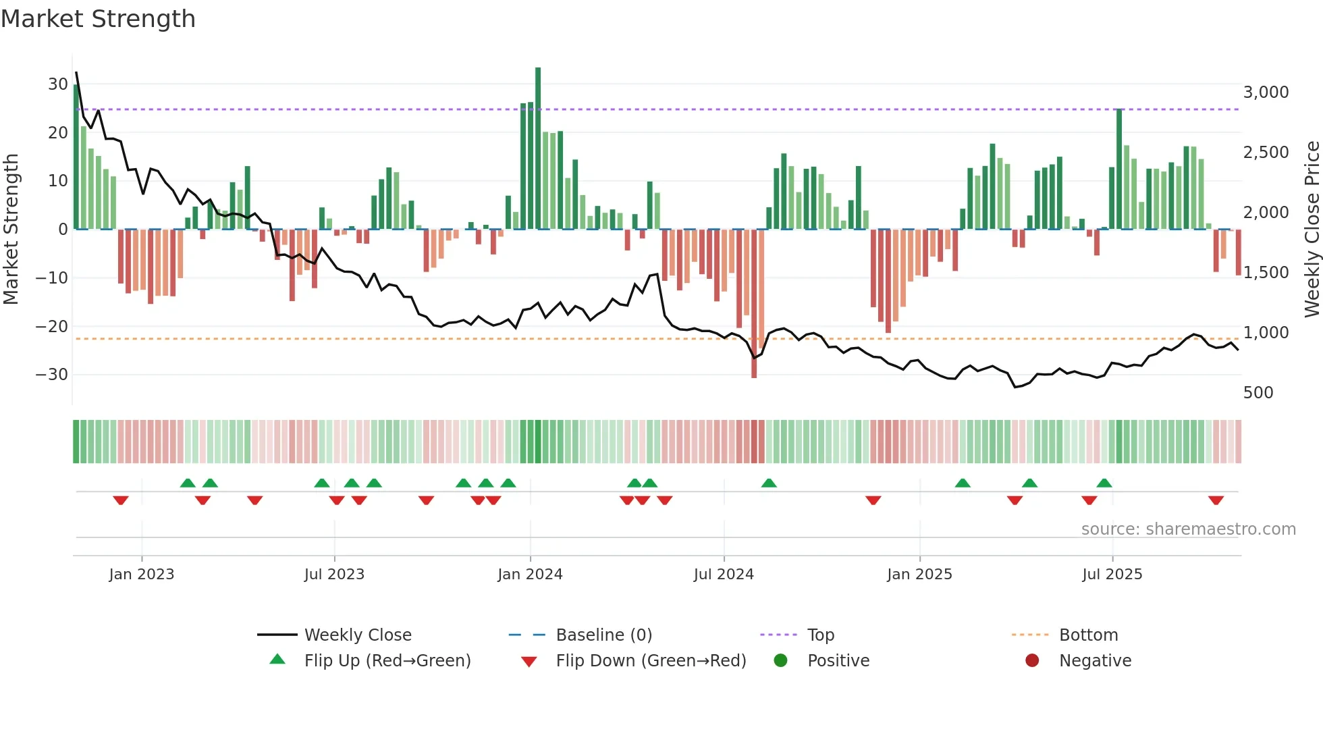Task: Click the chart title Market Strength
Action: tap(98, 19)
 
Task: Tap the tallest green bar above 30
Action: tap(538, 149)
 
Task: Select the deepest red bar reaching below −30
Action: tap(754, 304)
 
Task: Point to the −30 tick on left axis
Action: tap(53, 375)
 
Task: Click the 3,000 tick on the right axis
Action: tap(1266, 92)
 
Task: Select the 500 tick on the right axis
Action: tap(1258, 393)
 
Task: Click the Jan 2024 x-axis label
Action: tap(530, 575)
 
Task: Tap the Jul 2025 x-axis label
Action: tap(1112, 575)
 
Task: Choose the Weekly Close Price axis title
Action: tap(1312, 230)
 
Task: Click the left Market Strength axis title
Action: tap(11, 230)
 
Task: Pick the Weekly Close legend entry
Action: tap(357, 635)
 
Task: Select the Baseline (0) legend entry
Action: tap(603, 635)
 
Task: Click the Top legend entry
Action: tap(820, 635)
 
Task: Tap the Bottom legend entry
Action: tap(1088, 635)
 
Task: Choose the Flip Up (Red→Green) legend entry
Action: tap(387, 661)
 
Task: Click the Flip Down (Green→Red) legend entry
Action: tap(651, 661)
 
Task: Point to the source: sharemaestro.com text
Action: tap(1188, 529)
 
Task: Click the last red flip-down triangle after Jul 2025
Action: tap(1216, 500)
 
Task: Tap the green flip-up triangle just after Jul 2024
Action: tap(769, 483)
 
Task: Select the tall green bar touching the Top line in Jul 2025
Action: tap(1119, 169)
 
